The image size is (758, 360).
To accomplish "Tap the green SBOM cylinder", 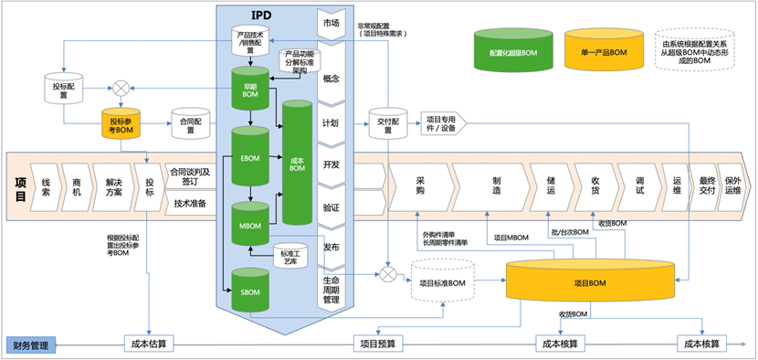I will coord(248,290).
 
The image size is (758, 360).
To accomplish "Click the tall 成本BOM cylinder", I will coord(297,164).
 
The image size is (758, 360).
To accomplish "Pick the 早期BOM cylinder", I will coord(248,89).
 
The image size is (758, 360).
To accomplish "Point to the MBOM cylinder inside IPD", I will coord(248,223).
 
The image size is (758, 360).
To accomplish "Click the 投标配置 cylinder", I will coord(64,90).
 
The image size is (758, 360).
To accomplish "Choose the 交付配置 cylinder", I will coord(386,125).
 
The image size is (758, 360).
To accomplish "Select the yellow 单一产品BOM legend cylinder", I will coord(604,53).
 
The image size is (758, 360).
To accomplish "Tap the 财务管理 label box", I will coord(31,344).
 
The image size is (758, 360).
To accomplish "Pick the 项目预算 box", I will coord(379,344).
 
